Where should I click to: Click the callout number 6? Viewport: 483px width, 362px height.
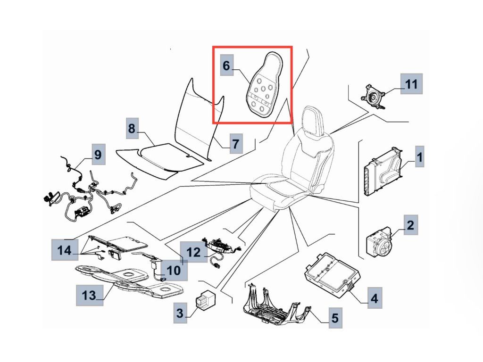click(x=226, y=66)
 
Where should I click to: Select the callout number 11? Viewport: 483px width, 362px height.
click(x=411, y=85)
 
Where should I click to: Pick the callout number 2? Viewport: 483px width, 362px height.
click(x=410, y=225)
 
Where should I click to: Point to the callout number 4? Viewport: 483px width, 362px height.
click(x=374, y=298)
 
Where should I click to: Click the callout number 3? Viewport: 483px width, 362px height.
click(x=180, y=312)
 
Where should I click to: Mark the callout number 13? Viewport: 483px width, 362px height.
click(x=89, y=296)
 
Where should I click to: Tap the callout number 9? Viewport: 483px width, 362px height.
click(x=97, y=155)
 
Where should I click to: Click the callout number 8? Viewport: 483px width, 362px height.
click(x=132, y=128)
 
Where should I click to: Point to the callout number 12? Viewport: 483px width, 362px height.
click(x=194, y=253)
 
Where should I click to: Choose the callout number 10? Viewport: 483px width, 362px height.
click(x=174, y=270)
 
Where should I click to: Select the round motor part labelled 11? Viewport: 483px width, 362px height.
click(x=374, y=97)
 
